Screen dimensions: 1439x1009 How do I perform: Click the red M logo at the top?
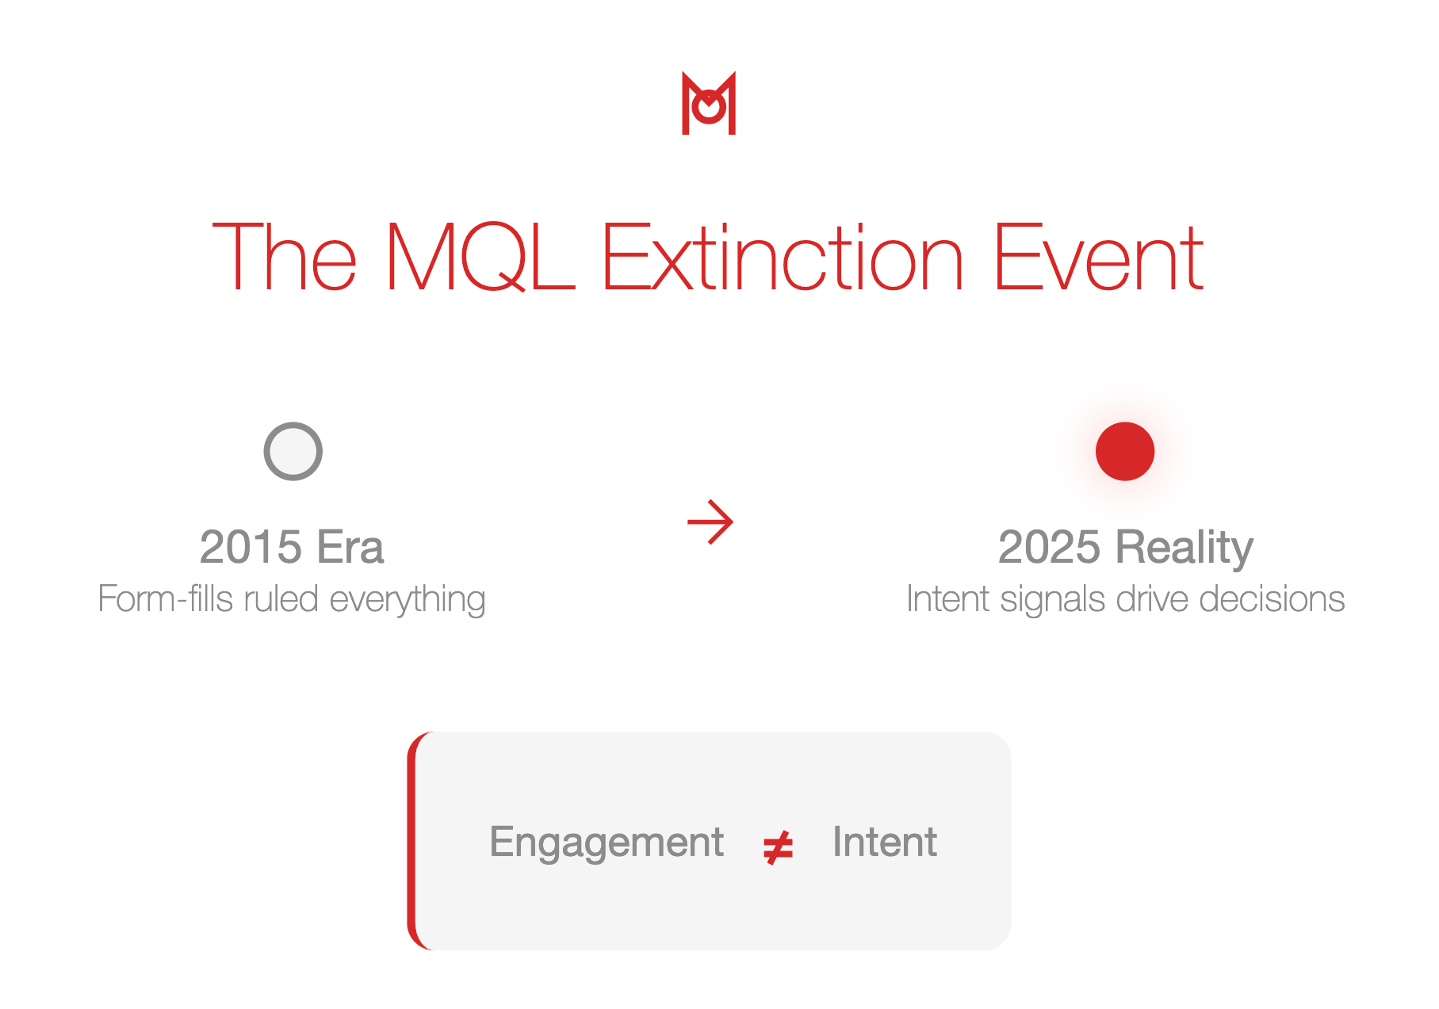[709, 103]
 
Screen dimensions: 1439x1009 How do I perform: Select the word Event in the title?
[1099, 257]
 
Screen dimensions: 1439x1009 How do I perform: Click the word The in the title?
[285, 257]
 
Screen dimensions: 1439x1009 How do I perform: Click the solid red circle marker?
[1125, 451]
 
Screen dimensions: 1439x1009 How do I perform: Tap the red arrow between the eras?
[710, 522]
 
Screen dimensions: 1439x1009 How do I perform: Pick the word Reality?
[1184, 548]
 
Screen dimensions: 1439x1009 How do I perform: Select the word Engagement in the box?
[607, 843]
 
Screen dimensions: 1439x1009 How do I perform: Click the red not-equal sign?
[778, 847]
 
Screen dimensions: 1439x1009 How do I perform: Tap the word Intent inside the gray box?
[885, 841]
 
